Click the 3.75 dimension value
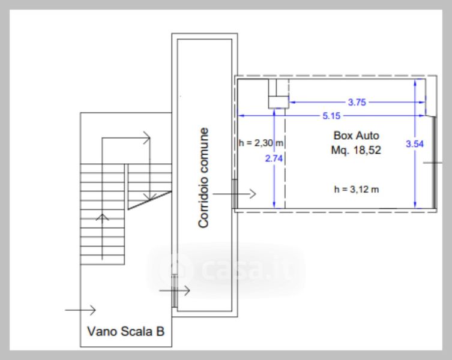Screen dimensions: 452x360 [357, 102]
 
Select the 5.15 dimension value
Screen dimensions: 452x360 [331, 116]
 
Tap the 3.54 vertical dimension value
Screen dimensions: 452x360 [415, 144]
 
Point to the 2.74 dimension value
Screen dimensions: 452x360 [274, 158]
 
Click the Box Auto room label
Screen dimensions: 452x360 [357, 136]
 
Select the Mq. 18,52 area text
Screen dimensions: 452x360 [356, 150]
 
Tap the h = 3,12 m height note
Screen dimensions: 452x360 [357, 190]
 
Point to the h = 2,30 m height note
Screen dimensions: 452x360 [261, 143]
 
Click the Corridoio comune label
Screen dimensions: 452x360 [204, 178]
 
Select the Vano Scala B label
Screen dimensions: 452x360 [125, 331]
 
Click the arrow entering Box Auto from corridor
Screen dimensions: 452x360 [234, 194]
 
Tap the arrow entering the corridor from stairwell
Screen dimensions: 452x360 [175, 290]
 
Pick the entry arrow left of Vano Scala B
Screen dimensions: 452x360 [80, 310]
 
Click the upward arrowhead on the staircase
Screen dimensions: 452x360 [102, 217]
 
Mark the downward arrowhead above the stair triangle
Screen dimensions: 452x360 [150, 197]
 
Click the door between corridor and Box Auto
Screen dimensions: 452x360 [235, 193]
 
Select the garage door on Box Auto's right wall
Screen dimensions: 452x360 [434, 163]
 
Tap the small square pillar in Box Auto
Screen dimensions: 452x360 [279, 103]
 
